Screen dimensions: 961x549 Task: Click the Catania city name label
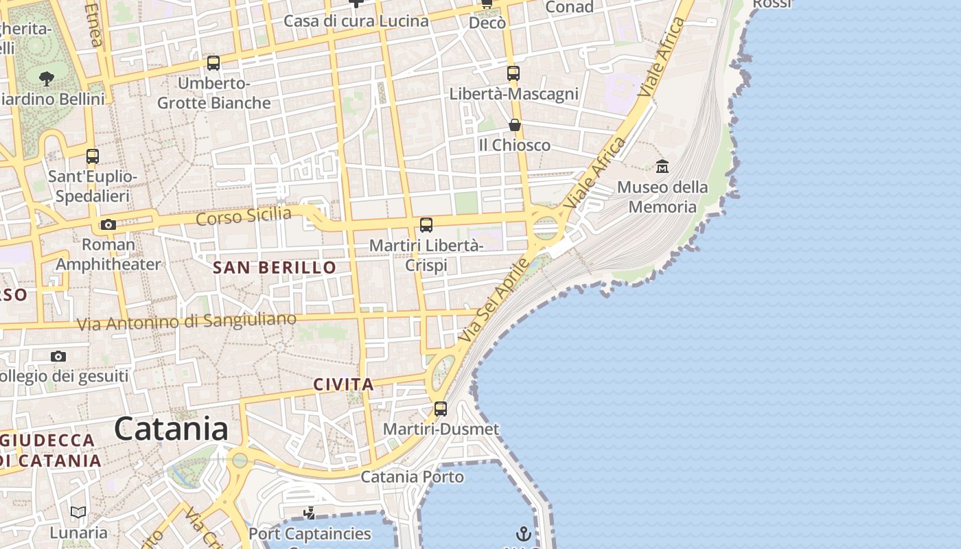pos(171,429)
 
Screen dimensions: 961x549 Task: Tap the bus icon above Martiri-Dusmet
pos(441,409)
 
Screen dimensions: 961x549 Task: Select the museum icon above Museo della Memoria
pos(662,166)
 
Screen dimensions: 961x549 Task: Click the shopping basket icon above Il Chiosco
pos(514,125)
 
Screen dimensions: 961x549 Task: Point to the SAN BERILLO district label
pos(275,268)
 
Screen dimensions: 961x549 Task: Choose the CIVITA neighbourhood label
pos(343,385)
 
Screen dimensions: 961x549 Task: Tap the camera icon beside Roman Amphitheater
pos(108,224)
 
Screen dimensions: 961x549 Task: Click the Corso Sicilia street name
pos(244,216)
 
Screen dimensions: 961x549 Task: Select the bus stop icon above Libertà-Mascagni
pos(513,73)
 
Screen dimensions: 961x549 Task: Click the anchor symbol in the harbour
pos(524,533)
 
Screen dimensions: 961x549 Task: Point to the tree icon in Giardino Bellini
pos(47,78)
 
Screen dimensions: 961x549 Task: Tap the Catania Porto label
pos(412,476)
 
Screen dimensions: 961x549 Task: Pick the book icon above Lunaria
pos(78,513)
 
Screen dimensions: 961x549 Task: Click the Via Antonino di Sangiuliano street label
pos(187,321)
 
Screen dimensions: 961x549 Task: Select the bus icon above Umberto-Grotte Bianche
pos(213,63)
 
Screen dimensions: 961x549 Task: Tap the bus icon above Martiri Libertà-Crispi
pos(426,224)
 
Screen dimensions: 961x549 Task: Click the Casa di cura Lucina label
pos(356,21)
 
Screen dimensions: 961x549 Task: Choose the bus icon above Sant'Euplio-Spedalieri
pos(93,156)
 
